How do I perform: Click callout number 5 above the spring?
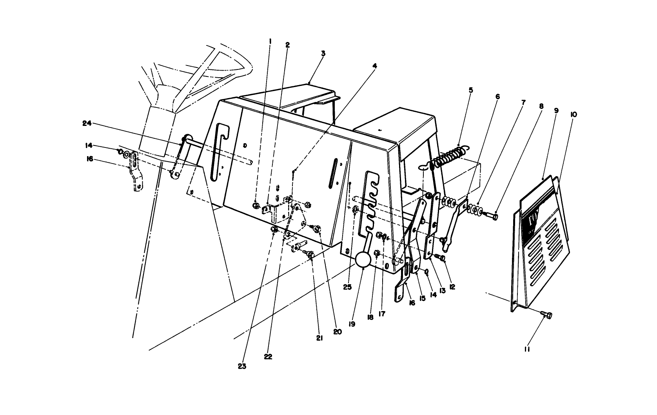click(471, 90)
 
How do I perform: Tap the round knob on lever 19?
click(363, 260)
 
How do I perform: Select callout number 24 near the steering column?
click(87, 123)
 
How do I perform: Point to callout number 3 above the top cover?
click(323, 54)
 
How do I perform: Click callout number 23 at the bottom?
click(241, 366)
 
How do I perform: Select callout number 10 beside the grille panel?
click(574, 115)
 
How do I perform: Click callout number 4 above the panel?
click(375, 66)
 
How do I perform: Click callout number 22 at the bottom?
click(268, 357)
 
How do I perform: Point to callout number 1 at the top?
click(270, 40)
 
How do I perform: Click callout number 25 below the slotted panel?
click(347, 287)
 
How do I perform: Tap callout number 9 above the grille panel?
click(556, 111)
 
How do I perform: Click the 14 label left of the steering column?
click(89, 146)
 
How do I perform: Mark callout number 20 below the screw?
click(338, 331)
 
